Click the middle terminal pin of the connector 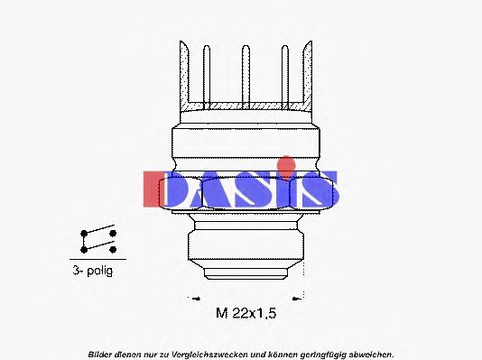pyautogui.click(x=246, y=77)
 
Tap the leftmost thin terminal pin pyautogui.click(x=207, y=77)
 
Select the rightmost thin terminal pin pyautogui.click(x=285, y=77)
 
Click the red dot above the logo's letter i pyautogui.click(x=286, y=164)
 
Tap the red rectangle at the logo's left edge pyautogui.click(x=152, y=189)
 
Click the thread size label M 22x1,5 pyautogui.click(x=246, y=313)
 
